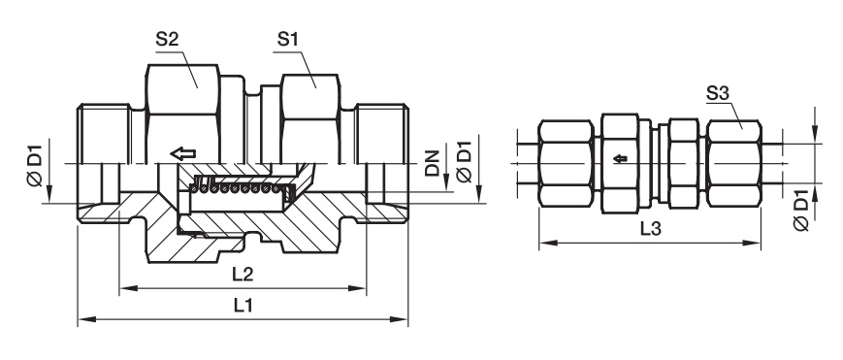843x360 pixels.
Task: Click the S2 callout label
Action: click(x=167, y=39)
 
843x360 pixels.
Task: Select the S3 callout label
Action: click(x=717, y=93)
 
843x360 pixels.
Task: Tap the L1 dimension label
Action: click(x=243, y=306)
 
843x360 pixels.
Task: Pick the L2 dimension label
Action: click(x=243, y=275)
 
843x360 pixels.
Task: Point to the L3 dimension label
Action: click(x=650, y=229)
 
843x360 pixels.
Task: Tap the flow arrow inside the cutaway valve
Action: click(x=182, y=154)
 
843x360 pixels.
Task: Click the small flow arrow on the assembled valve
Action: click(x=621, y=159)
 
